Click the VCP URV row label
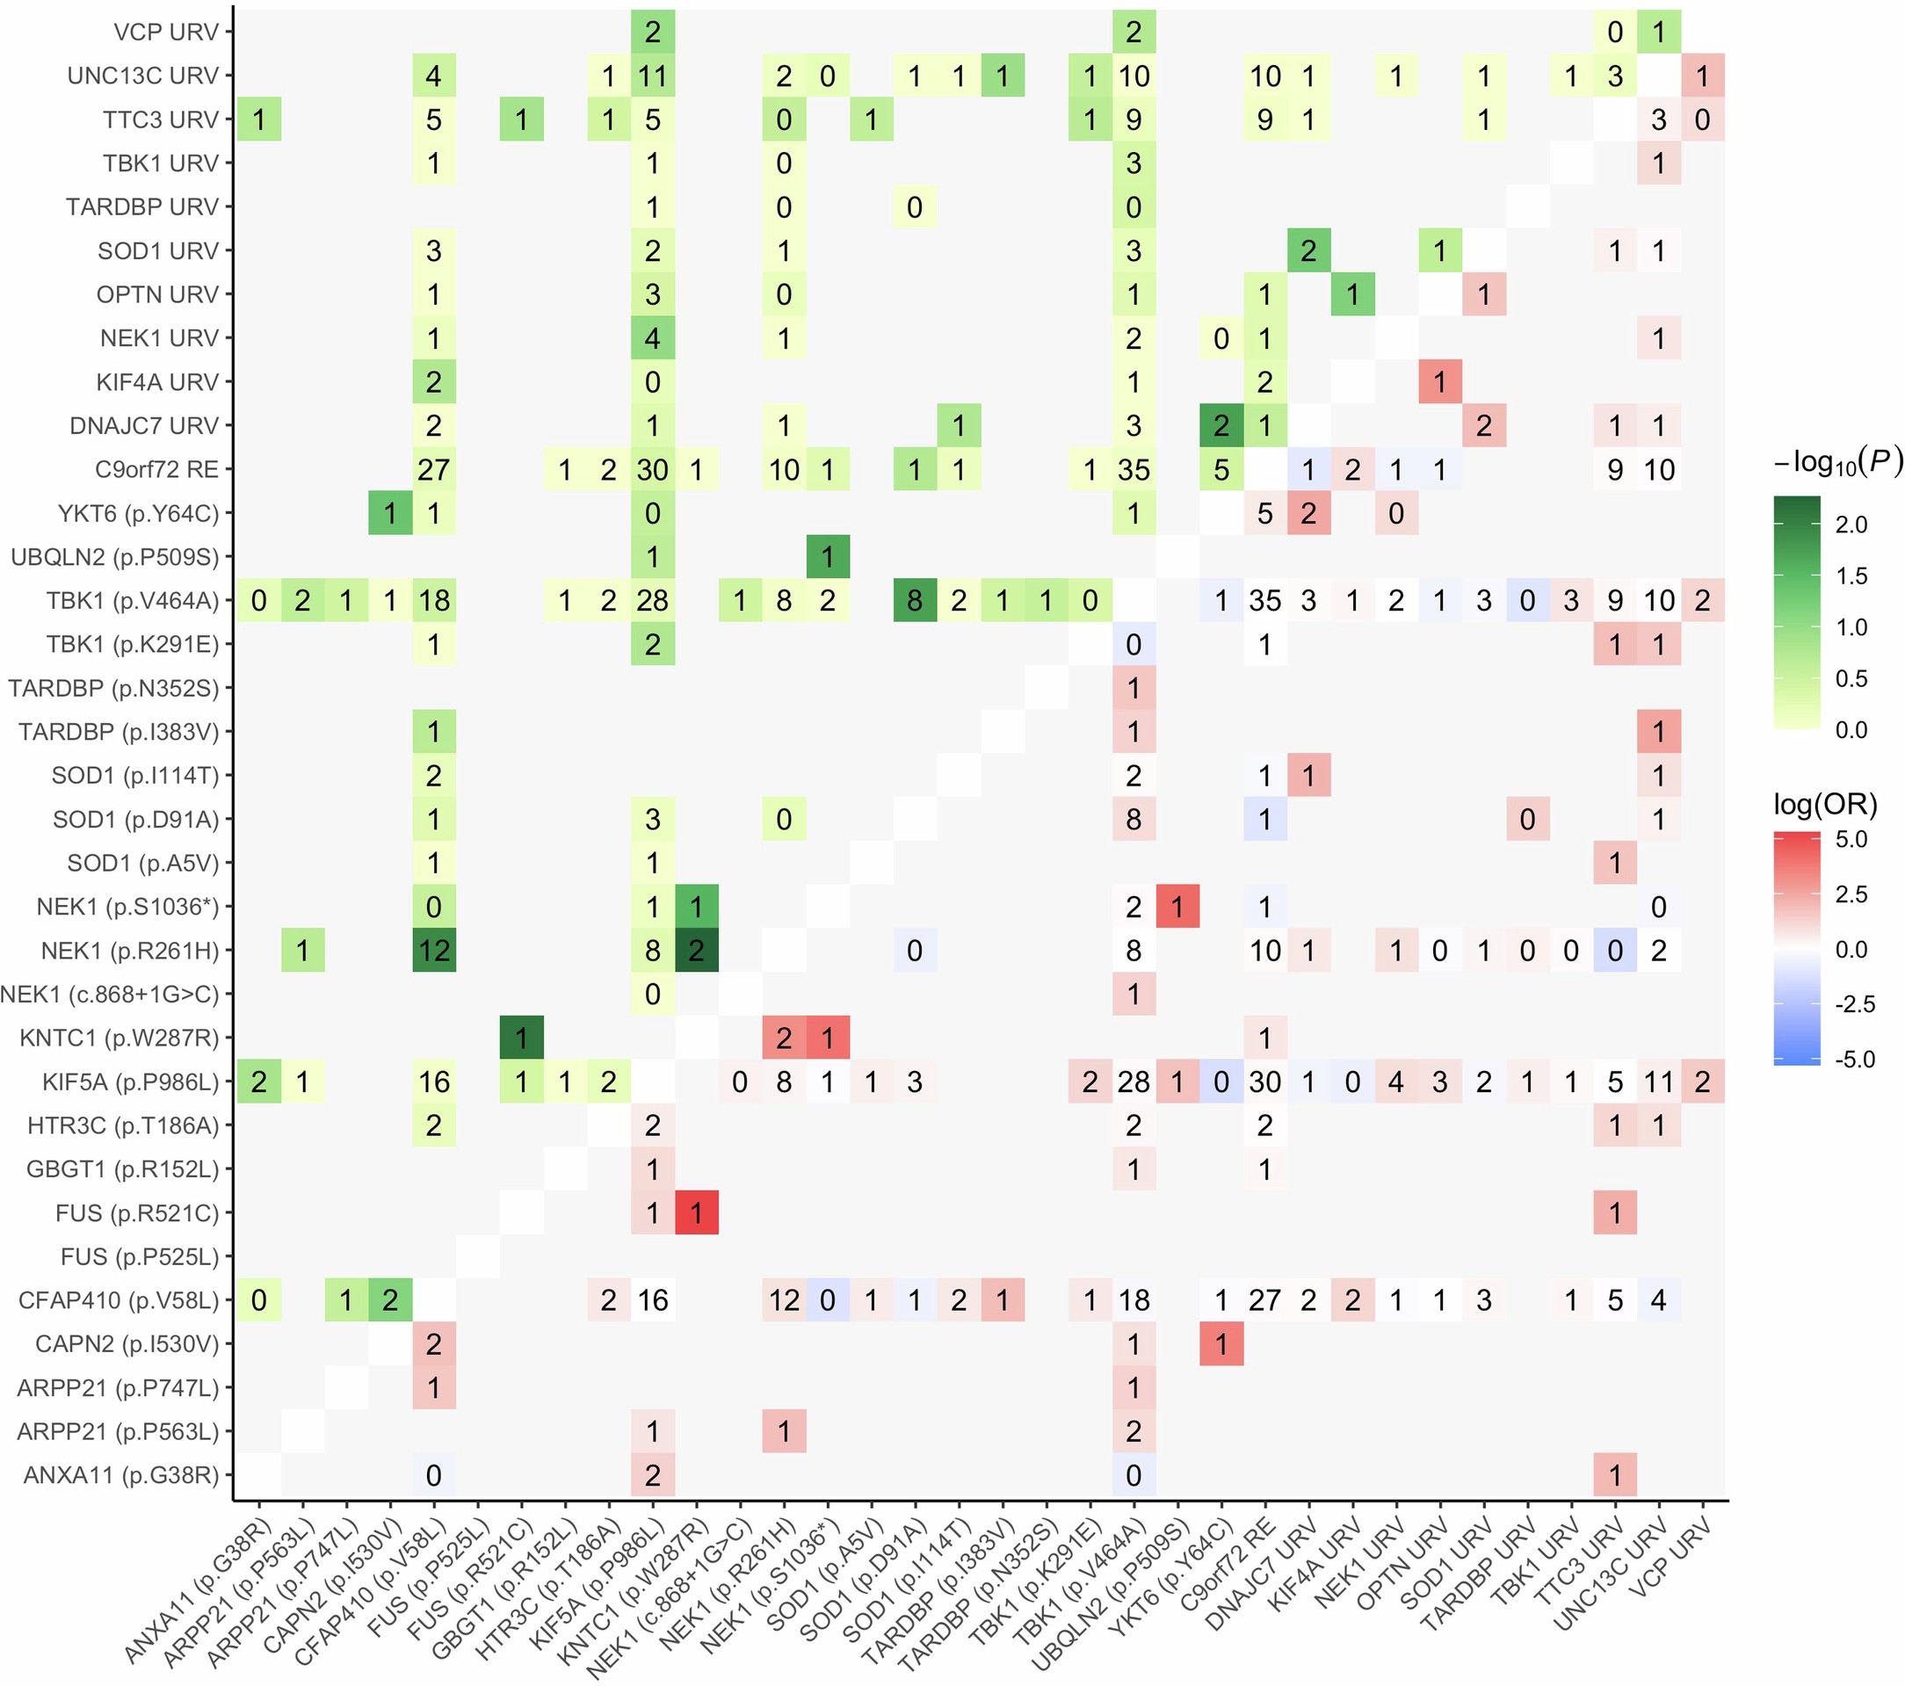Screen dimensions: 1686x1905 [x=165, y=32]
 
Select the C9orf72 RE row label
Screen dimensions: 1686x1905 [x=156, y=469]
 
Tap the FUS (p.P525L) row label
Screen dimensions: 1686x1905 [x=139, y=1256]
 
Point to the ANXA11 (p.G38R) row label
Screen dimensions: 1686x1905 [x=120, y=1474]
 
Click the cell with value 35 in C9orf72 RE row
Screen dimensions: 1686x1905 [x=1134, y=470]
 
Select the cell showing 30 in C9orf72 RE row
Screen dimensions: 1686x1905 [x=652, y=470]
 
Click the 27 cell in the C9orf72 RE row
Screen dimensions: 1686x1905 [x=433, y=470]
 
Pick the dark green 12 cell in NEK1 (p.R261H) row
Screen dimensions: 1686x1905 [x=433, y=951]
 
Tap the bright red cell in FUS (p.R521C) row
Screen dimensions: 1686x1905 [x=696, y=1212]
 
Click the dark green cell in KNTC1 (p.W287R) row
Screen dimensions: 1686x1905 [x=521, y=1038]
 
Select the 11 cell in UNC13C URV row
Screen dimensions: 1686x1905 [x=652, y=76]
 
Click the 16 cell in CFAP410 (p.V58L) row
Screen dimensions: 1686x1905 [x=652, y=1300]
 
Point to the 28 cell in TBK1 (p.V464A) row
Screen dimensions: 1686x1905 [x=652, y=600]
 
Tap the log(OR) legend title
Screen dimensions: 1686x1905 [x=1824, y=803]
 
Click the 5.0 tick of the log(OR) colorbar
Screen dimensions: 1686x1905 [x=1851, y=839]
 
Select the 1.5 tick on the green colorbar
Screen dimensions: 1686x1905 [x=1851, y=576]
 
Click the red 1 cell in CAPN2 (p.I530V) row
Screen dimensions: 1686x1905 [x=1221, y=1344]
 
